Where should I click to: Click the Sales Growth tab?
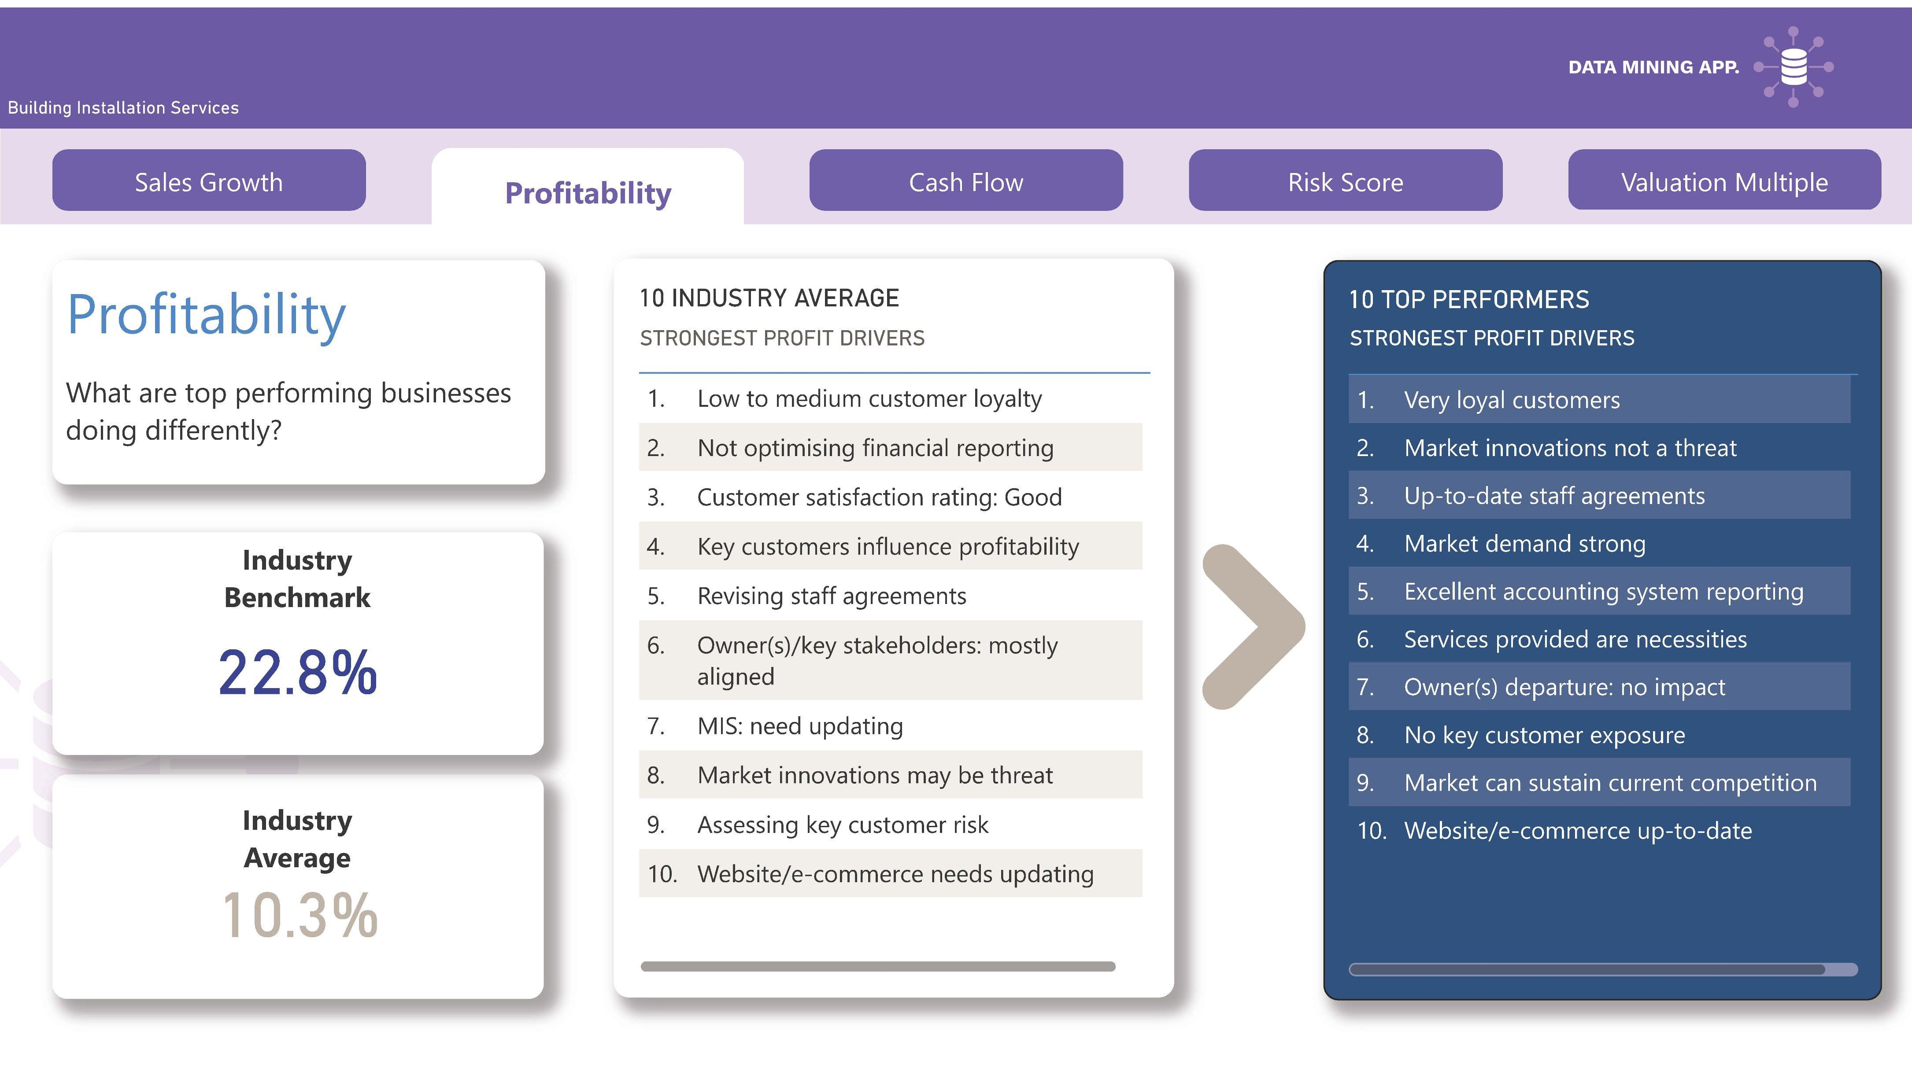pos(209,181)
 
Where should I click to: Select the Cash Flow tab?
pos(965,181)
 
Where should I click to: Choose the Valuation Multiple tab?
pos(1724,181)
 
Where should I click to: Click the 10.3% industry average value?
pos(300,915)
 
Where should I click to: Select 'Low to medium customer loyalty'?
pos(869,399)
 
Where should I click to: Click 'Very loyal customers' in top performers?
pos(1511,400)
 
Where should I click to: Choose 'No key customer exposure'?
pos(1544,735)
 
